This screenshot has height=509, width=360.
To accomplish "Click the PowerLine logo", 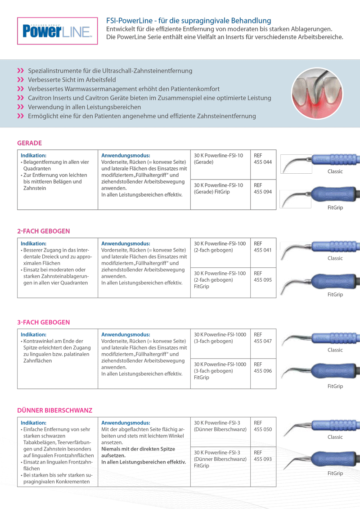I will pyautogui.click(x=57, y=31).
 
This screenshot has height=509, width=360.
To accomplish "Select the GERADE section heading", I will pyautogui.click(x=29, y=143).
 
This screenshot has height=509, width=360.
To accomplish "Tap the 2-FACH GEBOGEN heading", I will pyautogui.click(x=44, y=231).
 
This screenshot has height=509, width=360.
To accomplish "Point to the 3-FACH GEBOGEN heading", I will pyautogui.click(x=44, y=322).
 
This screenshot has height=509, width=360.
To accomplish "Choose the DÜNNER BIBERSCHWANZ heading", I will pyautogui.click(x=54, y=410).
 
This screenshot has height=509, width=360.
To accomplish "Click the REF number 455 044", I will pyautogui.click(x=263, y=162).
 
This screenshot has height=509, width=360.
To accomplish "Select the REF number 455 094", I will pyautogui.click(x=263, y=192).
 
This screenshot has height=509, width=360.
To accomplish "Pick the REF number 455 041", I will pyautogui.click(x=263, y=250).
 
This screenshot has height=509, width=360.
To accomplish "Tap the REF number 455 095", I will pyautogui.click(x=263, y=279).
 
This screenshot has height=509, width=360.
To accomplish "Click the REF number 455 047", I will pyautogui.click(x=263, y=341).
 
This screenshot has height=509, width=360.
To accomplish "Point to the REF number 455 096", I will pyautogui.click(x=263, y=371).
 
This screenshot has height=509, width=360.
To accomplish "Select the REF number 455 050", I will pyautogui.click(x=263, y=429).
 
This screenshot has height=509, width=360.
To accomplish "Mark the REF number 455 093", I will pyautogui.click(x=263, y=459).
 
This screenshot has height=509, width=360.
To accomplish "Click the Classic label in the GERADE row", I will pyautogui.click(x=335, y=171).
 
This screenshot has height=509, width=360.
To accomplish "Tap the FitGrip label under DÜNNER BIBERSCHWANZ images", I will pyautogui.click(x=335, y=473).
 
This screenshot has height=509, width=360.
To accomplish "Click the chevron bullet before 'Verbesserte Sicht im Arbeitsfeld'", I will pyautogui.click(x=20, y=80).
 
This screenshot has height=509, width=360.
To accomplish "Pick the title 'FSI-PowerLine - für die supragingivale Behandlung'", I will pyautogui.click(x=189, y=21).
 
